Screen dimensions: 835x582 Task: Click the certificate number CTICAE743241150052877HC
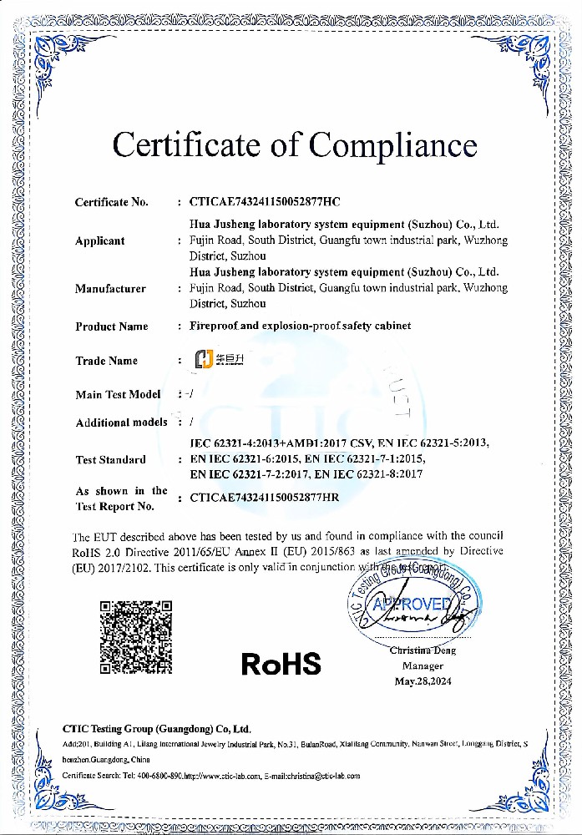(265, 202)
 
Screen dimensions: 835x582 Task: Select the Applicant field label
(99, 241)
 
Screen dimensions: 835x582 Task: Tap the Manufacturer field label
(110, 289)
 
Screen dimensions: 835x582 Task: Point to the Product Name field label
(112, 326)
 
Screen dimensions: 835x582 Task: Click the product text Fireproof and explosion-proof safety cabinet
(301, 326)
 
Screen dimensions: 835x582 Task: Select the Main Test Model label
(118, 394)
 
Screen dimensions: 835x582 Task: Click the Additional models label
(121, 423)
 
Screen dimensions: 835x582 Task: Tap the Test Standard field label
(110, 459)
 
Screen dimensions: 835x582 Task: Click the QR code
(136, 636)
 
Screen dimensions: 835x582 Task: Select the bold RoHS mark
(281, 664)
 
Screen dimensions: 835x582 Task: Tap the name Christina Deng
(423, 650)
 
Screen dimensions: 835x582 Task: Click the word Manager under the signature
(423, 666)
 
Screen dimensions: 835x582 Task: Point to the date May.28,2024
(423, 681)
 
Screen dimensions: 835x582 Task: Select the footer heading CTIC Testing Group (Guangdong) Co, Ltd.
(157, 728)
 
